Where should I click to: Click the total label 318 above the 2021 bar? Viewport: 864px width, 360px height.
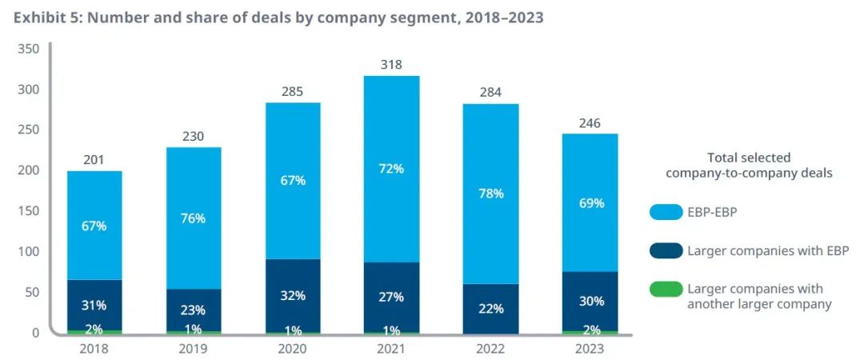pyautogui.click(x=391, y=65)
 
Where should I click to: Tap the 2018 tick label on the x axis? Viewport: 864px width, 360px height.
pyautogui.click(x=94, y=349)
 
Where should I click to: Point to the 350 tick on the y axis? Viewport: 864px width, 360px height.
pyautogui.click(x=28, y=49)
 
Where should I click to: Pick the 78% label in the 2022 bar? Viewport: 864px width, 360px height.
pyautogui.click(x=490, y=194)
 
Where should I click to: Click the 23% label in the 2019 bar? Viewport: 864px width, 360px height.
pyautogui.click(x=194, y=310)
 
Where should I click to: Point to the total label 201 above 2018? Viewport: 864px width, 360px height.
pyautogui.click(x=94, y=160)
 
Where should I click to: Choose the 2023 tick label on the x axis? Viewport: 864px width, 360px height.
pyautogui.click(x=590, y=349)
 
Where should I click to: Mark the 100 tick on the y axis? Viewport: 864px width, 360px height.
pyautogui.click(x=28, y=252)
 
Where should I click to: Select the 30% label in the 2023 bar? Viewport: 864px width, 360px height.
pyautogui.click(x=590, y=302)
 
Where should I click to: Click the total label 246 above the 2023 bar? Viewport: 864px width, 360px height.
pyautogui.click(x=590, y=123)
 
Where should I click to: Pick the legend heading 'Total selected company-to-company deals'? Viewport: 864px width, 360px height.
pyautogui.click(x=749, y=166)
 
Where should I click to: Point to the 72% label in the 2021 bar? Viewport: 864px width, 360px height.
pyautogui.click(x=391, y=169)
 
